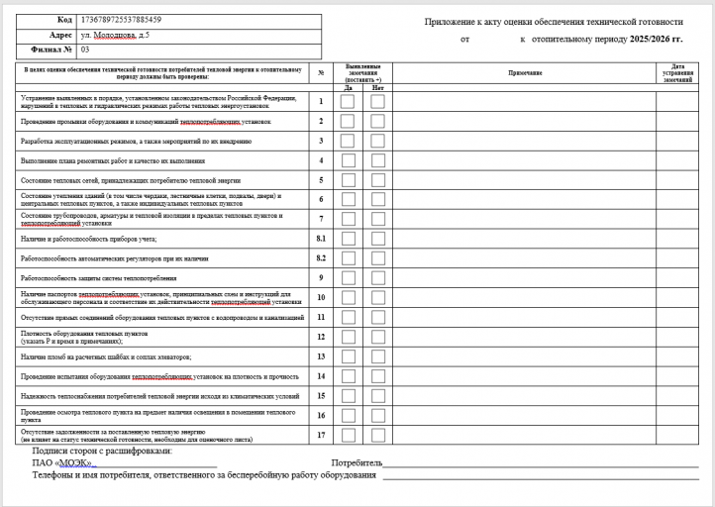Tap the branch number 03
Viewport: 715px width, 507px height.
tap(85, 48)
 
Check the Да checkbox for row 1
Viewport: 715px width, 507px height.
tap(348, 101)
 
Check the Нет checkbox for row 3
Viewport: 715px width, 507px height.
tap(377, 141)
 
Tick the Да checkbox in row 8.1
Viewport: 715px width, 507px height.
tap(348, 239)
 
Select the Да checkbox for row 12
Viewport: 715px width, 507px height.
tap(348, 337)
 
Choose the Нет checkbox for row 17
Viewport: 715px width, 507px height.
tap(377, 434)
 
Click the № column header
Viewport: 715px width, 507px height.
tap(321, 73)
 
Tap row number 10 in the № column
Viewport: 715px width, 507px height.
tap(321, 297)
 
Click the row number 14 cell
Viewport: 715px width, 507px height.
tap(321, 375)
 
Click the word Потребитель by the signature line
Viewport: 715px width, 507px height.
tap(357, 462)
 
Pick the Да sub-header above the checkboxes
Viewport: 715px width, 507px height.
tap(348, 87)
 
